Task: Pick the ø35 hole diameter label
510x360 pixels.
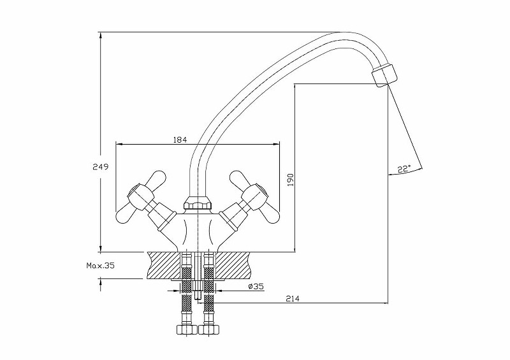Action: coord(255,287)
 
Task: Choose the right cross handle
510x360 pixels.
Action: coord(252,194)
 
